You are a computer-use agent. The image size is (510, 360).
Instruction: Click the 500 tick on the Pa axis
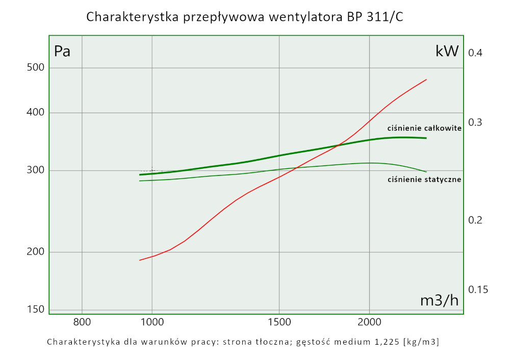pos(36,68)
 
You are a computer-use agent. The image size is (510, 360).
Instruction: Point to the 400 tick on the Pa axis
pos(36,113)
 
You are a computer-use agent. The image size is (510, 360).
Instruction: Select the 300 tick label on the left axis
pos(36,170)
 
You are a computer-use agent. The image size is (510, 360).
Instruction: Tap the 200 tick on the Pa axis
pos(36,252)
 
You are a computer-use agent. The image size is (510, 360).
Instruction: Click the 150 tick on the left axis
pos(36,309)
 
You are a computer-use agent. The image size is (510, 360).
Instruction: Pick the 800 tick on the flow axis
pos(82,322)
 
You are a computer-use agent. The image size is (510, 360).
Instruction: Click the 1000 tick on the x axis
pos(152,322)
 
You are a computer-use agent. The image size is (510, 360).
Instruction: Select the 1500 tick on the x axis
pos(279,322)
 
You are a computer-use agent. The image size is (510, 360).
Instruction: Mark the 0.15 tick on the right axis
pos(478,289)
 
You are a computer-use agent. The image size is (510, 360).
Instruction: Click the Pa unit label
pos(62,52)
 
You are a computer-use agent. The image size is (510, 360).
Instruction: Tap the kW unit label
pos(447,51)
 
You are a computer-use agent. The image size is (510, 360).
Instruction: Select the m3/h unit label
pos(439,300)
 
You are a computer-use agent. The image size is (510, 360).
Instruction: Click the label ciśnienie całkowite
pos(424,128)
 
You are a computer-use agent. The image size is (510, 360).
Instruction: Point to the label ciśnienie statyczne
pos(424,179)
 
